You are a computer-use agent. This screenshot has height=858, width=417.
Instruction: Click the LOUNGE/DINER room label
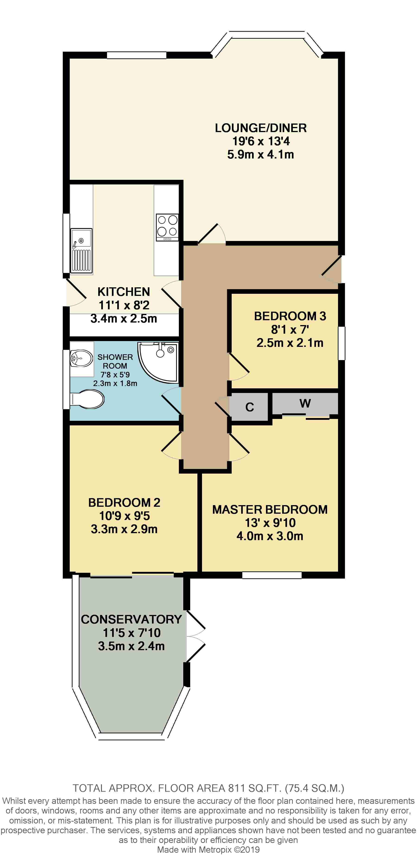[261, 128]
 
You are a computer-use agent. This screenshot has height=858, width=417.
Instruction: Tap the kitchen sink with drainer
[81, 250]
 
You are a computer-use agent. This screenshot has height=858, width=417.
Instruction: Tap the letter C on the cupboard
[250, 407]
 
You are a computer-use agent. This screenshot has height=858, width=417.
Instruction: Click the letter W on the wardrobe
[305, 403]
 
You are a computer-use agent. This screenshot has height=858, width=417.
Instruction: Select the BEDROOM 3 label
[290, 316]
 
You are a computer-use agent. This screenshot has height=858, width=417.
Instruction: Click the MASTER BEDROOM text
[270, 510]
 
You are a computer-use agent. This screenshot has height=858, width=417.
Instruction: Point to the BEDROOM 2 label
[124, 503]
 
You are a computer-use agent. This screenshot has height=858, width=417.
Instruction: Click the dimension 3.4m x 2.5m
[123, 318]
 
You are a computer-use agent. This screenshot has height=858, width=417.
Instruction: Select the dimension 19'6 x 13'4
[261, 141]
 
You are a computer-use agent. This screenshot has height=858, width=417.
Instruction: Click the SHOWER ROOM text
[115, 361]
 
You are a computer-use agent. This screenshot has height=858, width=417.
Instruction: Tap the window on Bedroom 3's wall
[342, 343]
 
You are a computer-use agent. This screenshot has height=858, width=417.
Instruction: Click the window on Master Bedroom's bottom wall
[272, 575]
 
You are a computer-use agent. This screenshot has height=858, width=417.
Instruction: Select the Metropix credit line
[208, 850]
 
